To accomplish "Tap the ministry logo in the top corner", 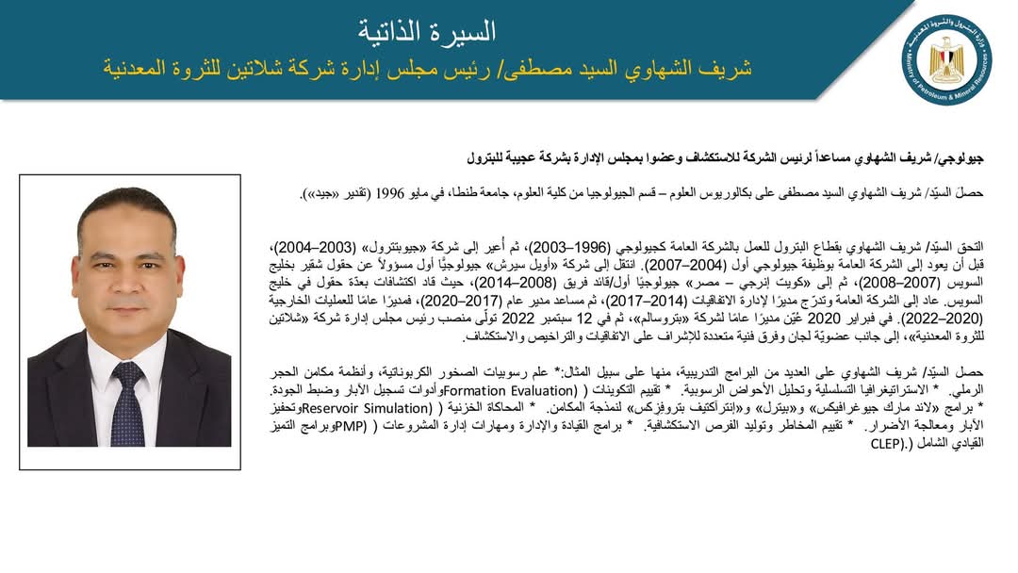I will pos(945,61).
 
